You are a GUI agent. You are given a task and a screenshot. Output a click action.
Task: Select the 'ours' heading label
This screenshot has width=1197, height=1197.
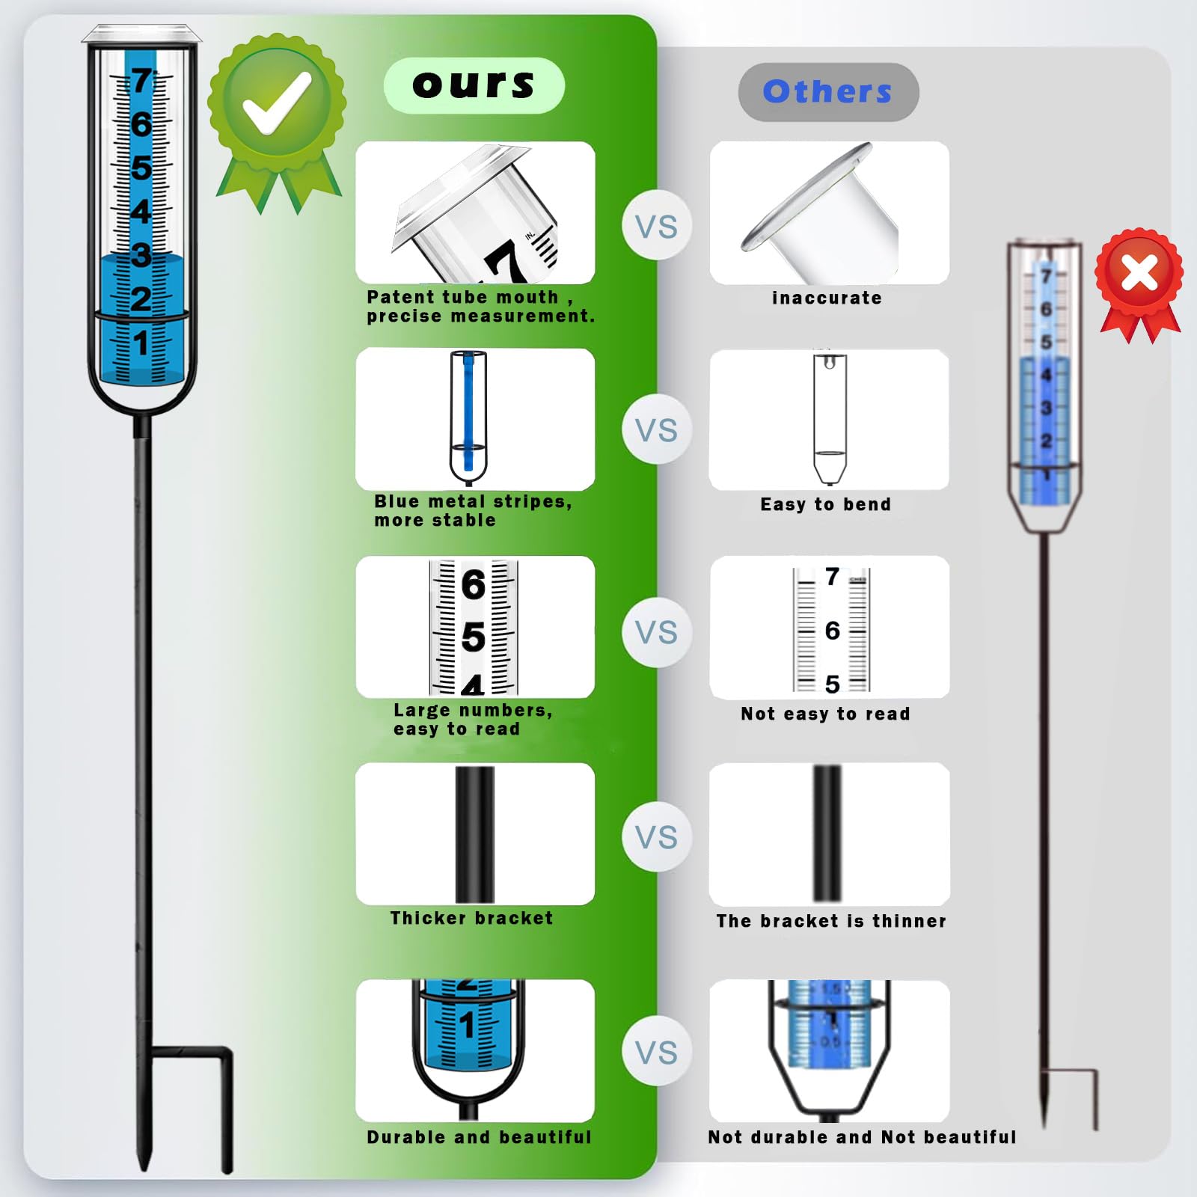click(x=474, y=85)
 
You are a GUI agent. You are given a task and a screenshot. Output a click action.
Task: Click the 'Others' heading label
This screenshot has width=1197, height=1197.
click(x=827, y=91)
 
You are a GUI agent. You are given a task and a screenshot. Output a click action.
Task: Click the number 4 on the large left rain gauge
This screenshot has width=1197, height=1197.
click(x=141, y=212)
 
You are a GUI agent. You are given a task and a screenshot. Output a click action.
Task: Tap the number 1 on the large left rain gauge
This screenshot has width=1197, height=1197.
click(x=141, y=343)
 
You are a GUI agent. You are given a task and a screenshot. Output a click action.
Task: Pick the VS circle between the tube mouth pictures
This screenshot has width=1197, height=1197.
click(x=657, y=226)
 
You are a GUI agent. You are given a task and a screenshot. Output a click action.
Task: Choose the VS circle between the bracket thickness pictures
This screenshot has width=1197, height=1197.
click(x=657, y=836)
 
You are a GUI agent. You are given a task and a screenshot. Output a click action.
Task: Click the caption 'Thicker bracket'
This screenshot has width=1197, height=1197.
click(x=471, y=918)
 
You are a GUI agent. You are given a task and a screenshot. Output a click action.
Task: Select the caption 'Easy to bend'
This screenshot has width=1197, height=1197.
click(x=826, y=504)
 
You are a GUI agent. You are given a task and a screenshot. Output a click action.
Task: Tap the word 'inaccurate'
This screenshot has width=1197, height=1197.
click(x=827, y=298)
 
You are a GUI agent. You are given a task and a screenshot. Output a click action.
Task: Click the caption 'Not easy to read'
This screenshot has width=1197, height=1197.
click(x=825, y=714)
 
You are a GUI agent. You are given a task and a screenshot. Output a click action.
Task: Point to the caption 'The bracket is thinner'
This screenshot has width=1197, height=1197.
click(x=831, y=921)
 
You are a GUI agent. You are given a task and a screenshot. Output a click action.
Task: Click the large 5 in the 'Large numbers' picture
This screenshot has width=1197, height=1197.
click(x=474, y=637)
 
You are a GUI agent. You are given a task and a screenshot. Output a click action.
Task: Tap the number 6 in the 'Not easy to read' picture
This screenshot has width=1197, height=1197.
click(x=832, y=631)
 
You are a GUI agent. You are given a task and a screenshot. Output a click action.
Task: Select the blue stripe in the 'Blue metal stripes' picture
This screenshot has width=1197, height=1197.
click(x=468, y=411)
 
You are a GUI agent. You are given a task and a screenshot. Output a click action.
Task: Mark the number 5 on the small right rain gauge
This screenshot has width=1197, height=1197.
click(x=1046, y=342)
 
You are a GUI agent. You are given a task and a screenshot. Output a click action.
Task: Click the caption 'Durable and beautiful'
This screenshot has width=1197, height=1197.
click(x=479, y=1137)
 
